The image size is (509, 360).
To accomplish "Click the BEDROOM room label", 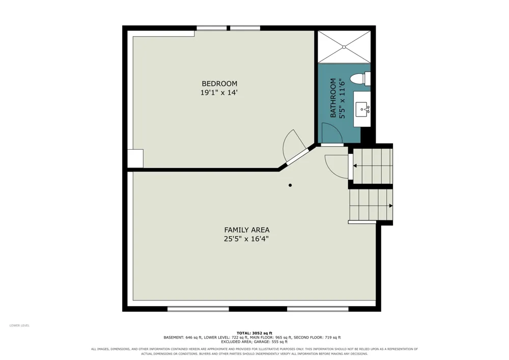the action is (219, 84).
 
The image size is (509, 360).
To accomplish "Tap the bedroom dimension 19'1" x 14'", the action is (219, 93).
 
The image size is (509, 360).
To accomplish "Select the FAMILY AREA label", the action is (247, 230).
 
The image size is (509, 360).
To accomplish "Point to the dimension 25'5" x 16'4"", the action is (247, 239).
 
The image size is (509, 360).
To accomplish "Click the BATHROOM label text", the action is (333, 98).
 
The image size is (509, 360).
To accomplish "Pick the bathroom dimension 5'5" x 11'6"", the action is (342, 98).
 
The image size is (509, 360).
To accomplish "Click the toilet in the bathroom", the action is (360, 79).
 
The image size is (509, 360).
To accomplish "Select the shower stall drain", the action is (344, 47).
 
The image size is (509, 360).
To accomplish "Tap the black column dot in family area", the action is (290, 185).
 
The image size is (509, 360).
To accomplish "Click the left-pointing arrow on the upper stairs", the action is (355, 166).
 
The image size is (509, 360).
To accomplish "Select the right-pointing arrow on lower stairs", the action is (391, 206).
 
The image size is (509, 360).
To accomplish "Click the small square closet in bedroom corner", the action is (135, 158).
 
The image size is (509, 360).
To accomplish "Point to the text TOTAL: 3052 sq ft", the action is (254, 333).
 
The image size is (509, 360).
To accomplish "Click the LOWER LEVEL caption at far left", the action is (19, 325).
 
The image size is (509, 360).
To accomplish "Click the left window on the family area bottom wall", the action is (199, 309).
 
